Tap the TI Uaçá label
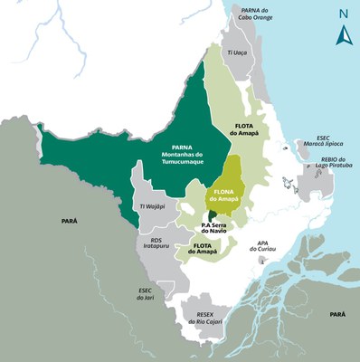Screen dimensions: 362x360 coord(238,53)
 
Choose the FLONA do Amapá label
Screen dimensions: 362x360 coord(223,195)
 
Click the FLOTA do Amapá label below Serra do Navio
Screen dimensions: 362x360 coord(202,249)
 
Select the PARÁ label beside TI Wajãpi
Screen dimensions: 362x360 coord(69,220)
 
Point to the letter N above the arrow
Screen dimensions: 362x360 coord(343,14)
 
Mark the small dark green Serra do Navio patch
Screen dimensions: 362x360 coord(212,213)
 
